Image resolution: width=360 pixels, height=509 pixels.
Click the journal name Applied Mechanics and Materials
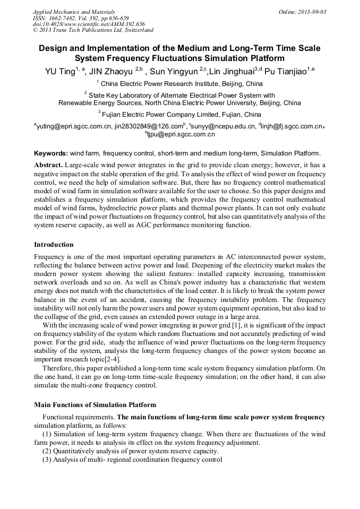73,12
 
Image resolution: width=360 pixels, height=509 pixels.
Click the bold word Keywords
50,153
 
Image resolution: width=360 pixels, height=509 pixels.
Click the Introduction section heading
54,245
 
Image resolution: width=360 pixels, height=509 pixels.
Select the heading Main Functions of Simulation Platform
95,405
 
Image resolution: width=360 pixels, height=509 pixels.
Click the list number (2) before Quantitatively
47,451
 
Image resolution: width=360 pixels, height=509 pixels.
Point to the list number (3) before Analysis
47,460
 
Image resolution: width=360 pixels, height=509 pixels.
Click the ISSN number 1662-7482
64,18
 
